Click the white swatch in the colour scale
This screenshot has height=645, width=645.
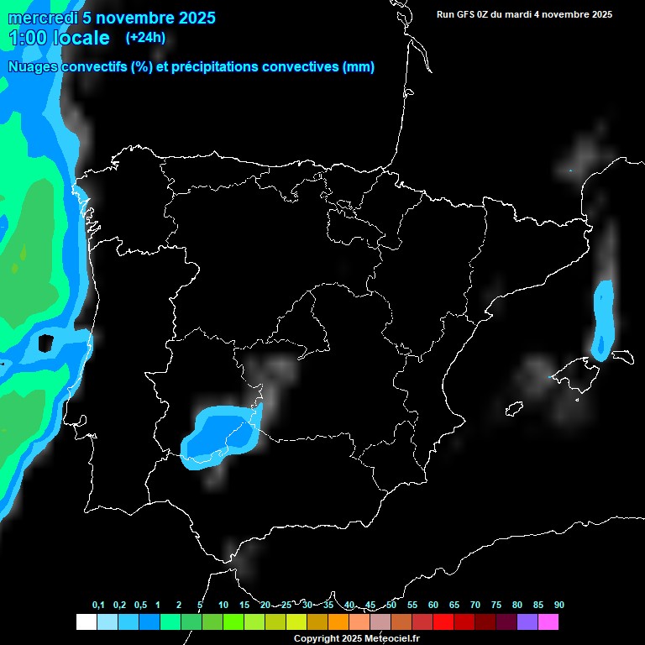coord(86,621)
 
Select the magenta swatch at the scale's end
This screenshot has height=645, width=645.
coord(548,621)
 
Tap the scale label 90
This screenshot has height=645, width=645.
coord(559,605)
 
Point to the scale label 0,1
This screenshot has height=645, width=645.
coord(98,605)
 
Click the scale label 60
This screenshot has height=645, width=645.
coord(433,605)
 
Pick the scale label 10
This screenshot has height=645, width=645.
coord(223,605)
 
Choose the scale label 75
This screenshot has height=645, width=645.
coord(496,605)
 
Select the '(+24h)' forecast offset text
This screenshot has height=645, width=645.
coord(145,38)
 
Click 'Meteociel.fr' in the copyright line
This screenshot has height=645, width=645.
coord(391,639)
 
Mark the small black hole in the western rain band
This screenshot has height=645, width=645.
coord(46,343)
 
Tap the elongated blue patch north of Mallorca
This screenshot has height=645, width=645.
coord(603,318)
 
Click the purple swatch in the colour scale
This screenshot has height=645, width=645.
coord(527,621)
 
